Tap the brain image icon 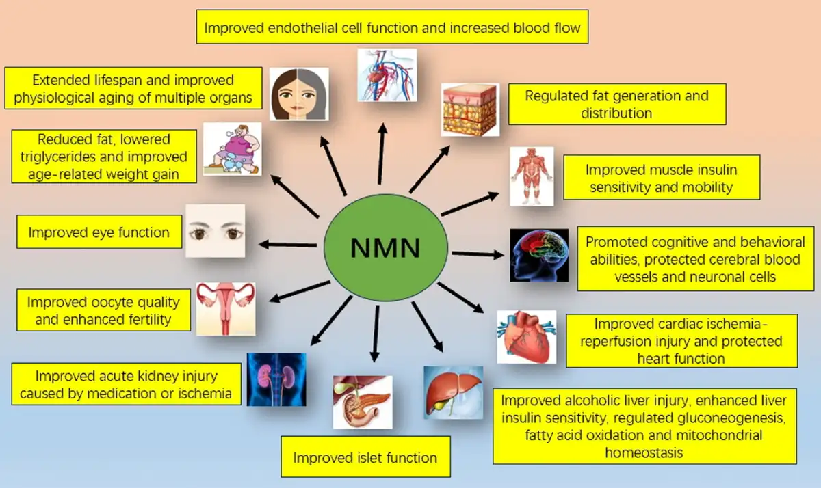coord(539,255)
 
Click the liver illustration coord(453,392)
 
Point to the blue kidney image coord(276,379)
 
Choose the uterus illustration coord(226,308)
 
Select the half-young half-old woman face coord(298,94)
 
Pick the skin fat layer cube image coord(470,109)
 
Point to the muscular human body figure coord(532,176)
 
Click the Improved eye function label coord(99,232)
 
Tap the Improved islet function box coord(365,457)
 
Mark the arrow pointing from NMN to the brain coord(476,254)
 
